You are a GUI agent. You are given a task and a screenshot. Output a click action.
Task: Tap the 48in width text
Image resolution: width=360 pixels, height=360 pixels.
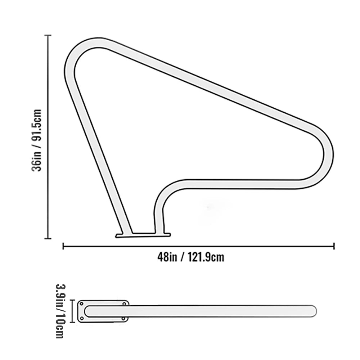coord(167,257)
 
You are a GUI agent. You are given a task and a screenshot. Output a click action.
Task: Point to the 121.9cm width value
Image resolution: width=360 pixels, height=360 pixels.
coord(206,257)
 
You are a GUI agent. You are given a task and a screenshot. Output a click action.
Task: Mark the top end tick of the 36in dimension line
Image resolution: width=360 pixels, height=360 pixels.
coord(48,35)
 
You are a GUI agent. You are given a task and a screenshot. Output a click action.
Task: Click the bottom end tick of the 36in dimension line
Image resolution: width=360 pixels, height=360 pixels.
coord(48,239)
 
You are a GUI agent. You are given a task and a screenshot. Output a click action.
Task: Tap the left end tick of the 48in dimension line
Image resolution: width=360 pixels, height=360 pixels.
coord(63,246)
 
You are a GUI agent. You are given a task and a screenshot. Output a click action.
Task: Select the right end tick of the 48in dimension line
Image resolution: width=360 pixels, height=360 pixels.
coord(334,246)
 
